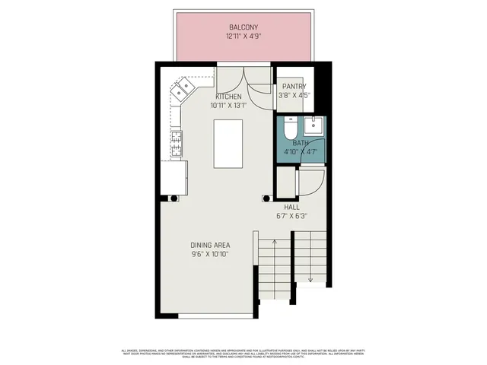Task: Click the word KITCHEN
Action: point(228,97)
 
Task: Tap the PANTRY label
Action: point(292,87)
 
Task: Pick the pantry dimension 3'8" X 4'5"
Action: point(292,96)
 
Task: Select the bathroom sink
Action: point(314,125)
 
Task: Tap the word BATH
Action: point(300,143)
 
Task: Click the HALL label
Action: point(292,207)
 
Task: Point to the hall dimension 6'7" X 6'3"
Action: point(292,216)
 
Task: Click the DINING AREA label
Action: point(210,245)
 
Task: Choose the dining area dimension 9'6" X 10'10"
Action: point(210,254)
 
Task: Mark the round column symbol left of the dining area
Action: point(174,198)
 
